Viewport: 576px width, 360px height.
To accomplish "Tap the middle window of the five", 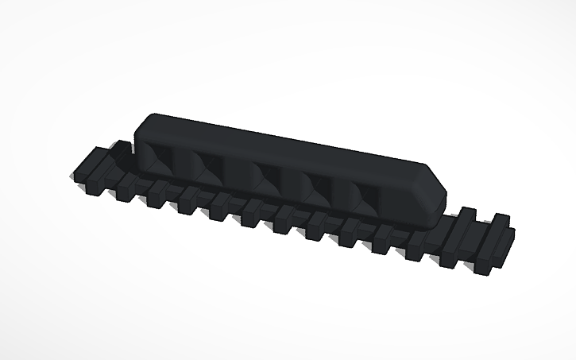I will (x=265, y=175).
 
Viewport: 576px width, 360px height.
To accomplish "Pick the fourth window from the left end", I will (x=318, y=185).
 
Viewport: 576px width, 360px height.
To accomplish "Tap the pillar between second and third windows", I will (x=238, y=170).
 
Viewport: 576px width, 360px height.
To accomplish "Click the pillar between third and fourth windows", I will (x=292, y=180).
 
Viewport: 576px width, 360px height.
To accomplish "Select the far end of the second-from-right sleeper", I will (x=469, y=215).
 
